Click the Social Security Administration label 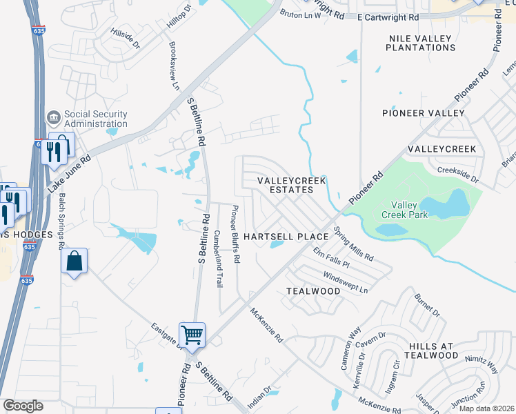tap(95, 119)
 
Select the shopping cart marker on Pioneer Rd tap(192, 335)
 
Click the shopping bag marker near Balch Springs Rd tap(75, 262)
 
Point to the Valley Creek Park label tap(409, 210)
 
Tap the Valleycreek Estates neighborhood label tap(290, 185)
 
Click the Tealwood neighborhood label tap(313, 291)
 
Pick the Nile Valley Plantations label tap(421, 43)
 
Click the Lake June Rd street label tap(69, 172)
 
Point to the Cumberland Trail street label tap(219, 259)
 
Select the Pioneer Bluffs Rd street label tap(235, 235)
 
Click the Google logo tap(23, 406)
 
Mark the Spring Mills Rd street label tap(353, 244)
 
